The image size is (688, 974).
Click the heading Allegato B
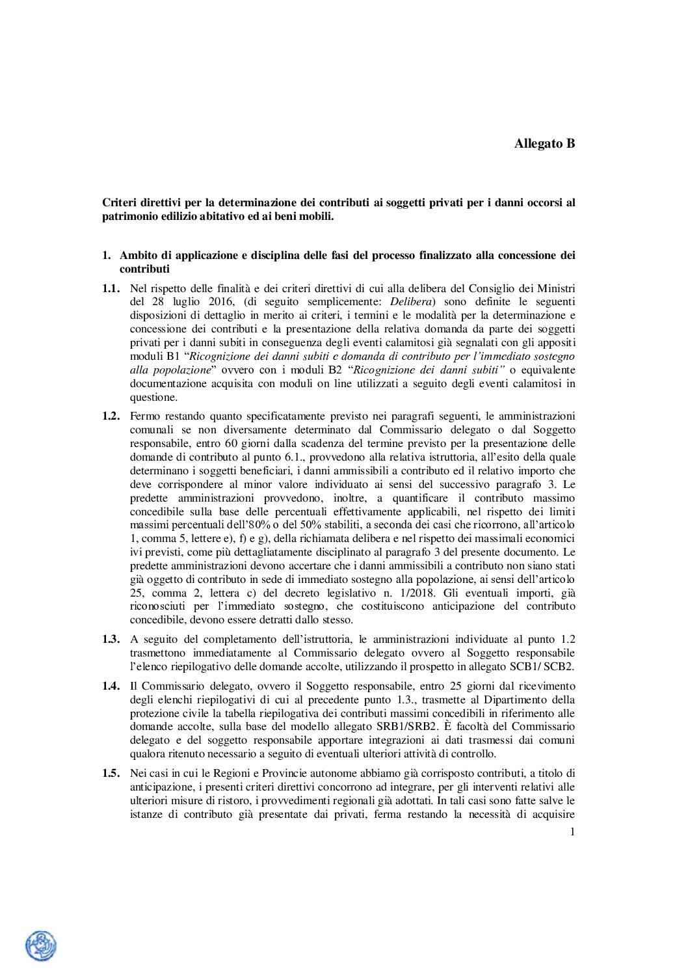coord(544,144)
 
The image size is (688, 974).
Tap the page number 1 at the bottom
coord(572,832)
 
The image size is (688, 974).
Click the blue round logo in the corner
coord(40,947)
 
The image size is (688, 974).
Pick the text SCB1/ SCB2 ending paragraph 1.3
coord(546,666)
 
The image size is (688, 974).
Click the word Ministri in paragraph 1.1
coord(557,288)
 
